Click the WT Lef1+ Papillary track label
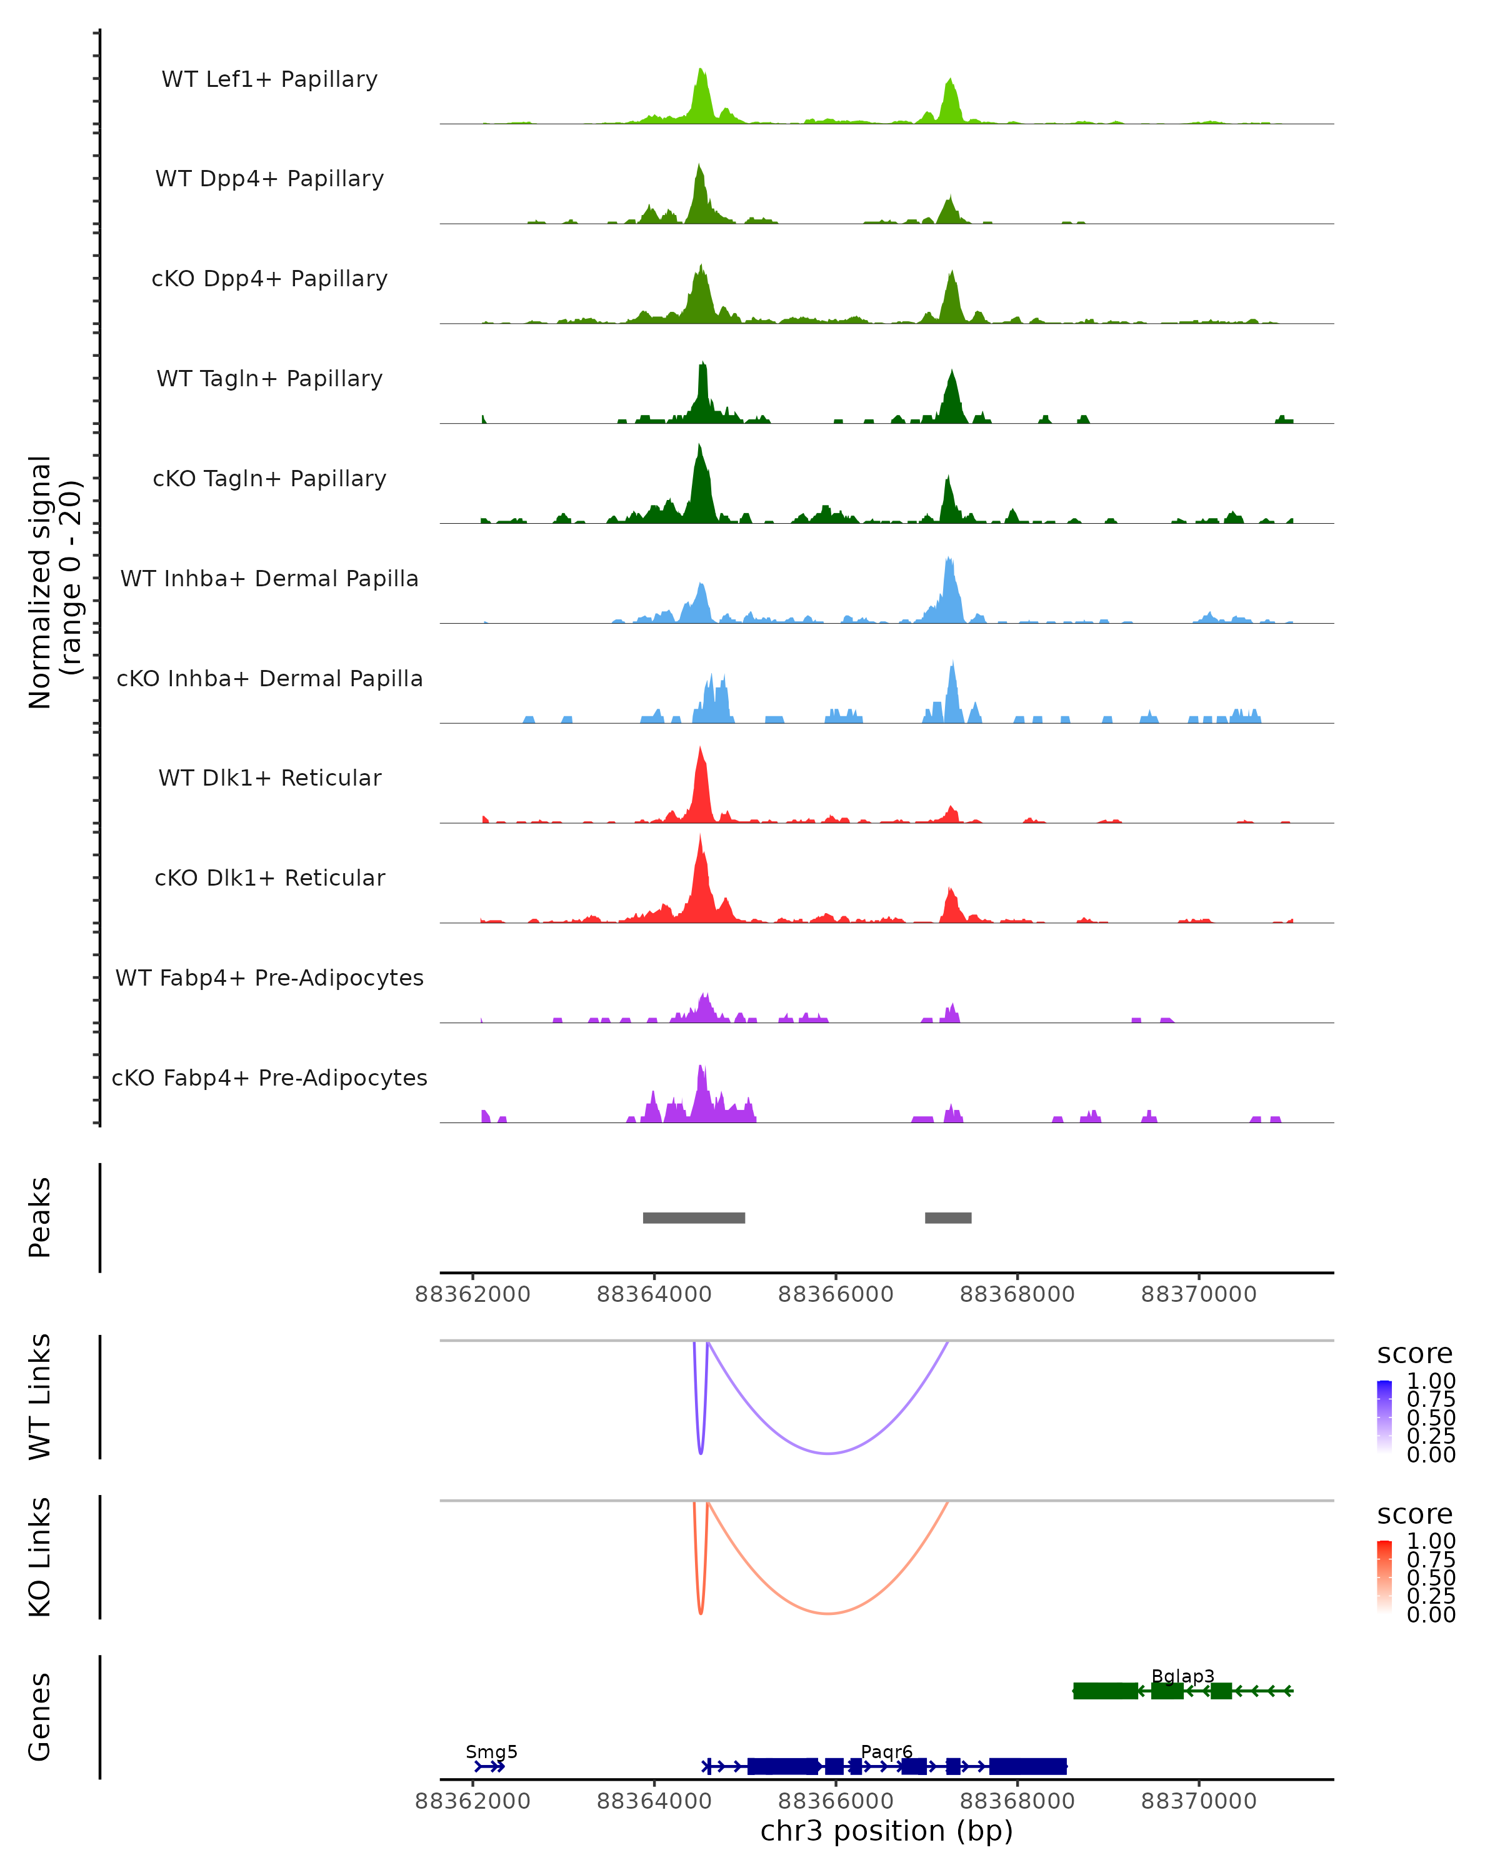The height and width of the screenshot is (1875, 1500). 269,79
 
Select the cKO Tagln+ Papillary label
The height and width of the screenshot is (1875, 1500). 269,478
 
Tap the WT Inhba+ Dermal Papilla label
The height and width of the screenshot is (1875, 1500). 269,578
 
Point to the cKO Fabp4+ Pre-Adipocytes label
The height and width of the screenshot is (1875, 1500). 269,1077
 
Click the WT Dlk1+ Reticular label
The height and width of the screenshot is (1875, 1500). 269,777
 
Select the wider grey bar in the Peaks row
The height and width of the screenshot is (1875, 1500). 694,1217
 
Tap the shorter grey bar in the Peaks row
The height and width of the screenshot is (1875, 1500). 948,1217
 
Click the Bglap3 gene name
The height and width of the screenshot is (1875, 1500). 1182,1676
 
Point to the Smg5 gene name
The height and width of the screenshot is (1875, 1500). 491,1751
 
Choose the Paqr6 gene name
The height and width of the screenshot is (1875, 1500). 886,1751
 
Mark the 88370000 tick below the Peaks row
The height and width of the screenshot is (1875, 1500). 1198,1294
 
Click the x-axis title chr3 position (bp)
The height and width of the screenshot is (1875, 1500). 886,1831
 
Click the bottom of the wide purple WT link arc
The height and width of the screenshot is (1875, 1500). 829,1453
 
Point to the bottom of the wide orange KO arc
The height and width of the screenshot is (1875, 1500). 829,1613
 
